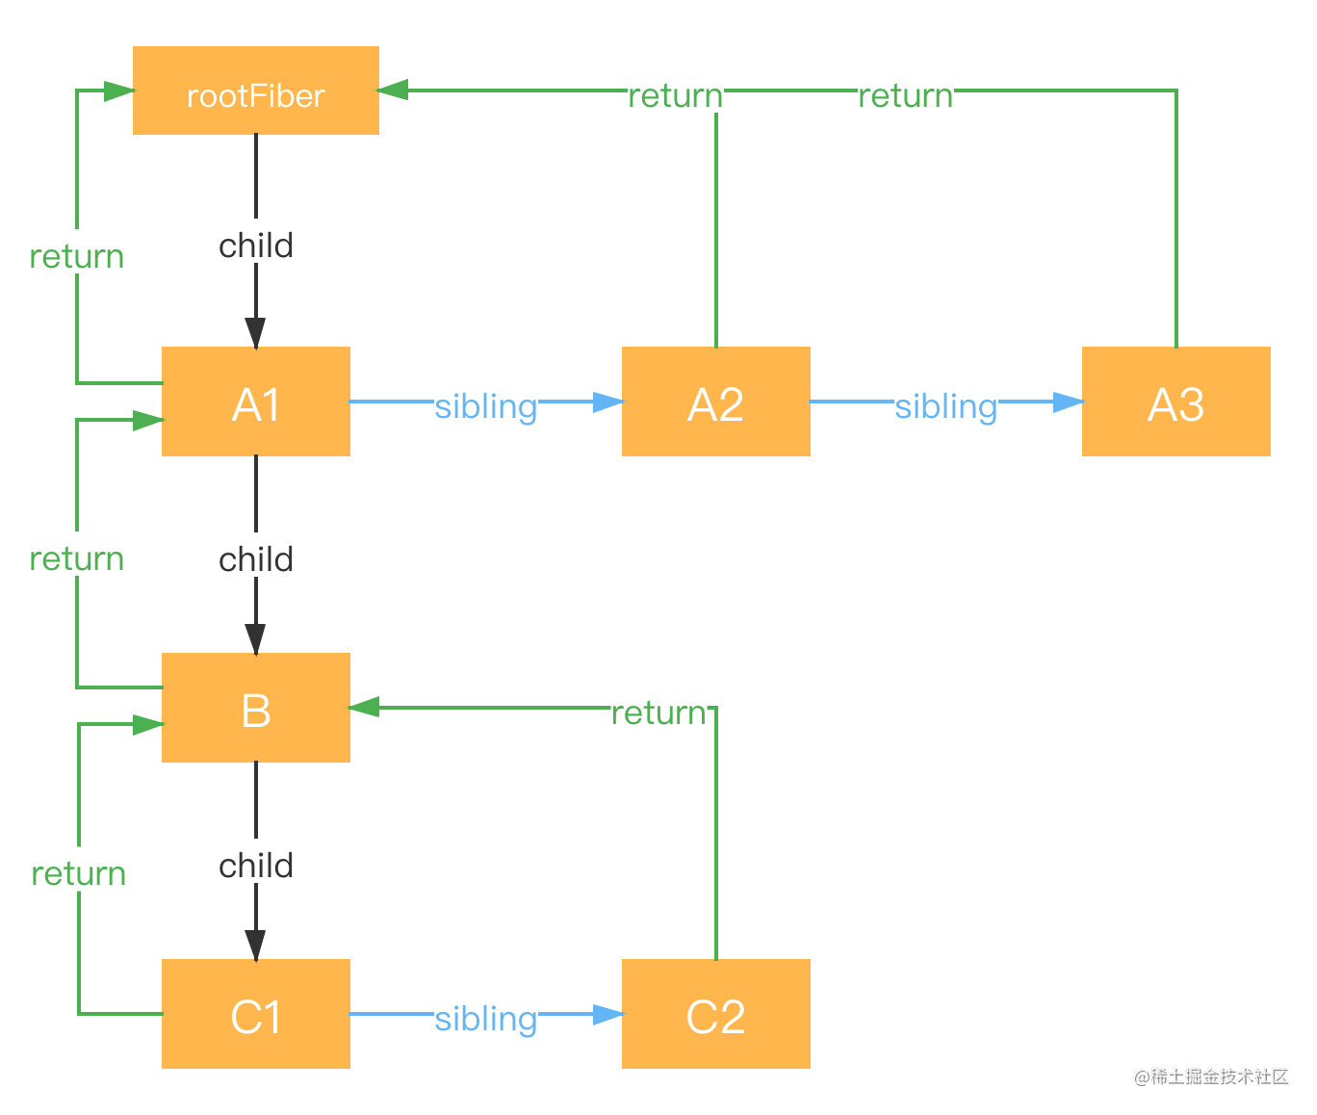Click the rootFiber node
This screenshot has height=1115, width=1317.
click(x=255, y=91)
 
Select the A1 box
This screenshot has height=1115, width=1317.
click(x=255, y=402)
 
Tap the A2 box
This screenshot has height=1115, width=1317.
click(x=715, y=402)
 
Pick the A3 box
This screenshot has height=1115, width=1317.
click(x=1175, y=402)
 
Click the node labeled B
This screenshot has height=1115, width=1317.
click(x=255, y=708)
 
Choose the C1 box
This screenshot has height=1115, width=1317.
click(x=255, y=1014)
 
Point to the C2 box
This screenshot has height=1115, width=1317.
click(x=715, y=1014)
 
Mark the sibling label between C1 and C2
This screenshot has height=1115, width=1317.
click(x=485, y=1015)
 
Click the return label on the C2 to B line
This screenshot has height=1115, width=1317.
click(x=658, y=709)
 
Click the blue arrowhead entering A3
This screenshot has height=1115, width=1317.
click(x=1068, y=402)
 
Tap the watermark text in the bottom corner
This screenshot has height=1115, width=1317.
click(x=1209, y=1075)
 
